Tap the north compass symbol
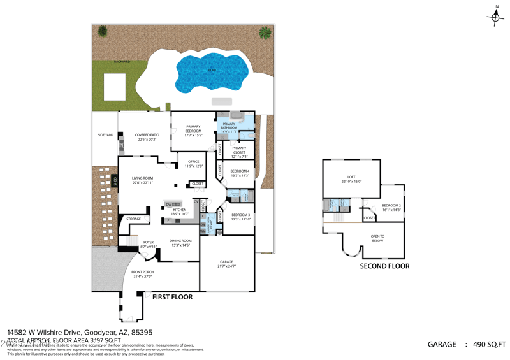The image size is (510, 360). point(495,17)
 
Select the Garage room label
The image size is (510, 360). point(226,263)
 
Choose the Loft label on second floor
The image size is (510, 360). point(351,179)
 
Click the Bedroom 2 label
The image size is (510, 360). point(391,206)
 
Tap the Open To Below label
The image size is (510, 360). point(377,238)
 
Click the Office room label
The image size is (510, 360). point(193,164)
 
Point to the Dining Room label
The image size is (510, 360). point(181,242)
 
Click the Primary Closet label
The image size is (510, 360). point(239,150)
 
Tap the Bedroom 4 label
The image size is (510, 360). point(240,173)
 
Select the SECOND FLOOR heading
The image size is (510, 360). point(384,266)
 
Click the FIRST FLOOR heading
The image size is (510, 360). point(172,297)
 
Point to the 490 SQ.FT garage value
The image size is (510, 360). point(489,345)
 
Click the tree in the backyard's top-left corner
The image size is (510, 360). point(102,31)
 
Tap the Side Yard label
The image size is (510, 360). point(105,135)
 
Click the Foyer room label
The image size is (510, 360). point(148,243)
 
